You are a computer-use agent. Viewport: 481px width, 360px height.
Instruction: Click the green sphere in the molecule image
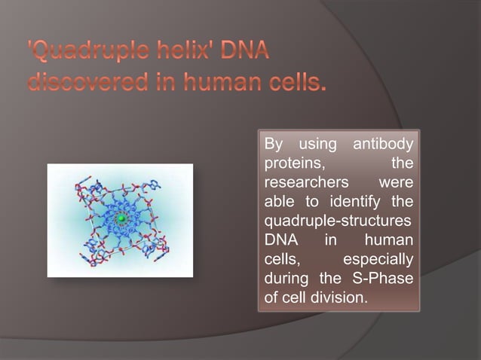(121, 218)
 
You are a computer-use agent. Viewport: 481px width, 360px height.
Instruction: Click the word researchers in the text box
(302, 183)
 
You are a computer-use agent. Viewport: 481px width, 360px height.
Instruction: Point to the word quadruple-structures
(339, 221)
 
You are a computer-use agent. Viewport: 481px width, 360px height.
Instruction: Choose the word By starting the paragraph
(273, 144)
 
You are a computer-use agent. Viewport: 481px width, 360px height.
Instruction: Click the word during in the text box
(286, 279)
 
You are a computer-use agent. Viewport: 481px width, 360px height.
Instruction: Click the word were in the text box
(397, 183)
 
